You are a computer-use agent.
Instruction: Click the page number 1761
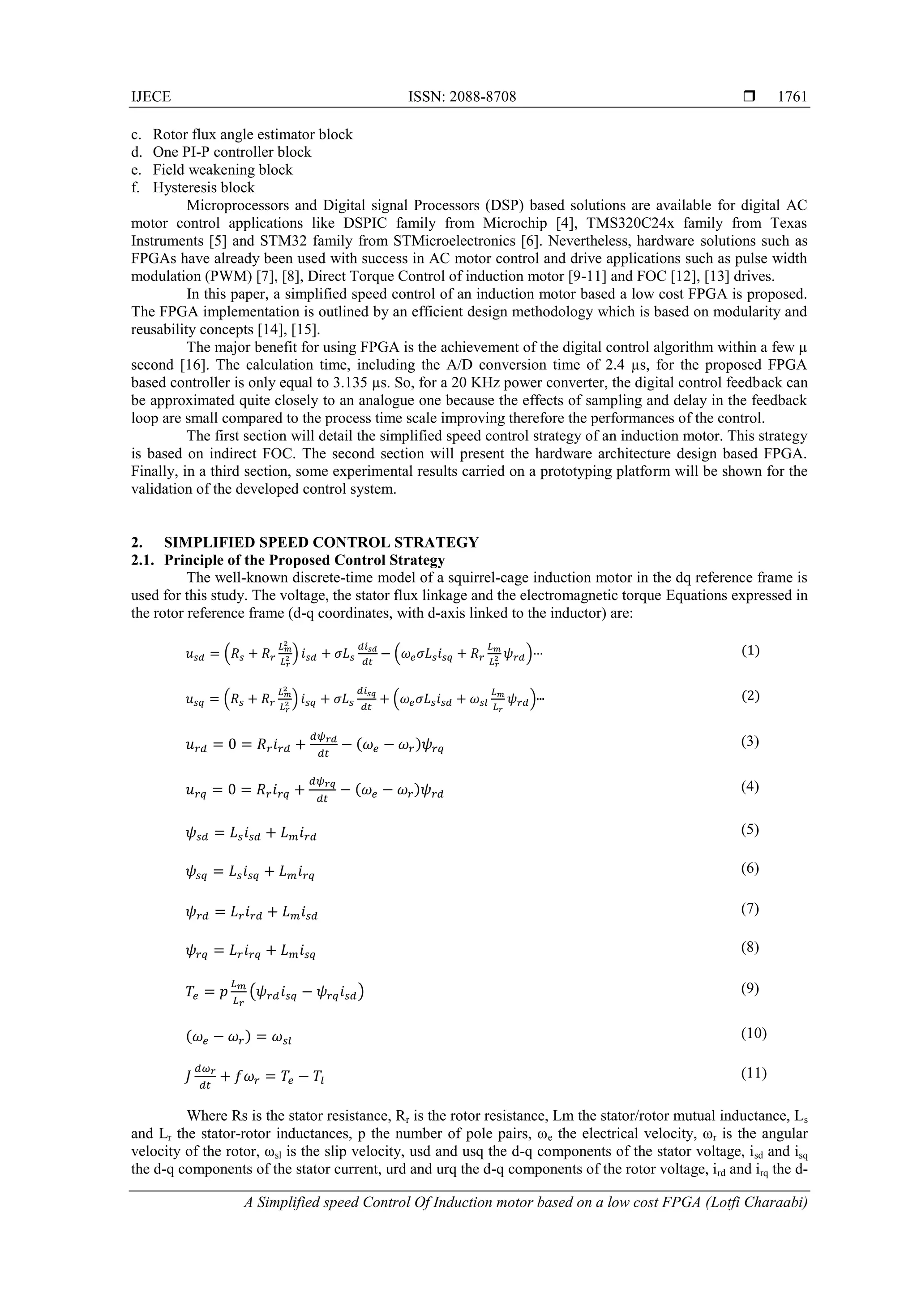click(x=792, y=97)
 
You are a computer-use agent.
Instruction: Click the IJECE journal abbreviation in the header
click(x=151, y=97)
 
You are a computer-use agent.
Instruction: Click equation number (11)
click(x=754, y=1073)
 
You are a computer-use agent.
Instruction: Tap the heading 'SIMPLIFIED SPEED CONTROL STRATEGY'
click(x=321, y=543)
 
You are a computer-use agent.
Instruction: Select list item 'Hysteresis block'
click(x=203, y=188)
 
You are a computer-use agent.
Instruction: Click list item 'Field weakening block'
click(x=223, y=170)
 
